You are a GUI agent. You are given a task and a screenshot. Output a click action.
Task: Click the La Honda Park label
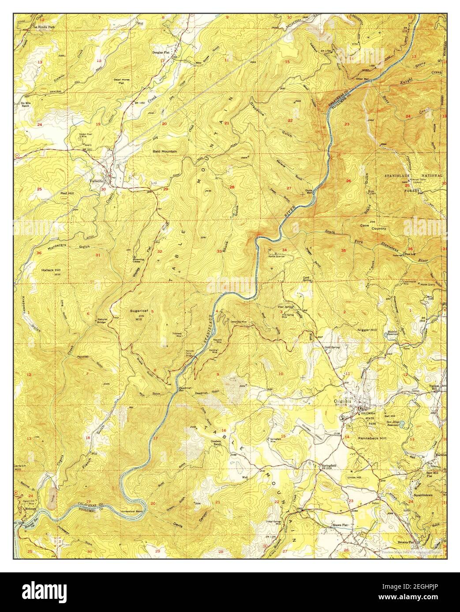(46, 27)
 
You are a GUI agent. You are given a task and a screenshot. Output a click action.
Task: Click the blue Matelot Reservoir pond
(386, 335)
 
